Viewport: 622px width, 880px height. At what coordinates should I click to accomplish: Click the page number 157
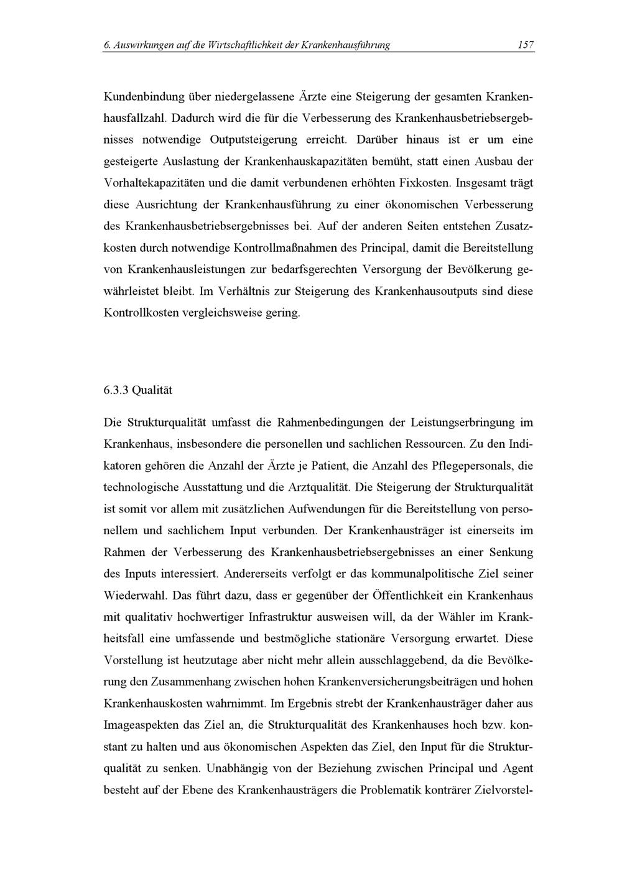[x=526, y=45]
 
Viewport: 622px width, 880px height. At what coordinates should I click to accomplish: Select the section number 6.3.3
[x=116, y=391]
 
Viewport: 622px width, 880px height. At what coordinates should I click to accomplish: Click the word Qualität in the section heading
[x=152, y=391]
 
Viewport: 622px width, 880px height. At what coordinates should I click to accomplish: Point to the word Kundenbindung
[x=141, y=97]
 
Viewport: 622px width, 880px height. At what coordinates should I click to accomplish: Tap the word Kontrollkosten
[x=141, y=313]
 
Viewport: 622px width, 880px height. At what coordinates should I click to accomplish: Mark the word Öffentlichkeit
[x=407, y=595]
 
